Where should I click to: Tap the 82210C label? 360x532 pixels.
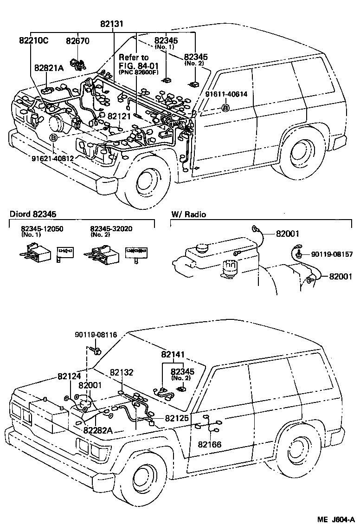(34, 40)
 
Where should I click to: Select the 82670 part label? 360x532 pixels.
(77, 41)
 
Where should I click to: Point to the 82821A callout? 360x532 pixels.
(49, 67)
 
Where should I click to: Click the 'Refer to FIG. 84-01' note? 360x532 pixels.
(135, 62)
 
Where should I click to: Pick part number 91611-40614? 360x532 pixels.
(226, 94)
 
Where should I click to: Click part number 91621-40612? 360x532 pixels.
(52, 158)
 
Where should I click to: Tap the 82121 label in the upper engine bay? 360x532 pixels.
(119, 116)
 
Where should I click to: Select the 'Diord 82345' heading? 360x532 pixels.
(33, 214)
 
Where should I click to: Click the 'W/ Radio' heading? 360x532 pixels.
(189, 214)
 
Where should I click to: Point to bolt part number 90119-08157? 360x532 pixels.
(332, 254)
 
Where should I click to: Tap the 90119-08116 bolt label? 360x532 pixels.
(96, 335)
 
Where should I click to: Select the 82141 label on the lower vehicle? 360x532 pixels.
(173, 355)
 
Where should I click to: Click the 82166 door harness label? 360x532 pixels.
(210, 444)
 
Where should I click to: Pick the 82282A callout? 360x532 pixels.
(98, 430)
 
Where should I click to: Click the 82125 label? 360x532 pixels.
(177, 418)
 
